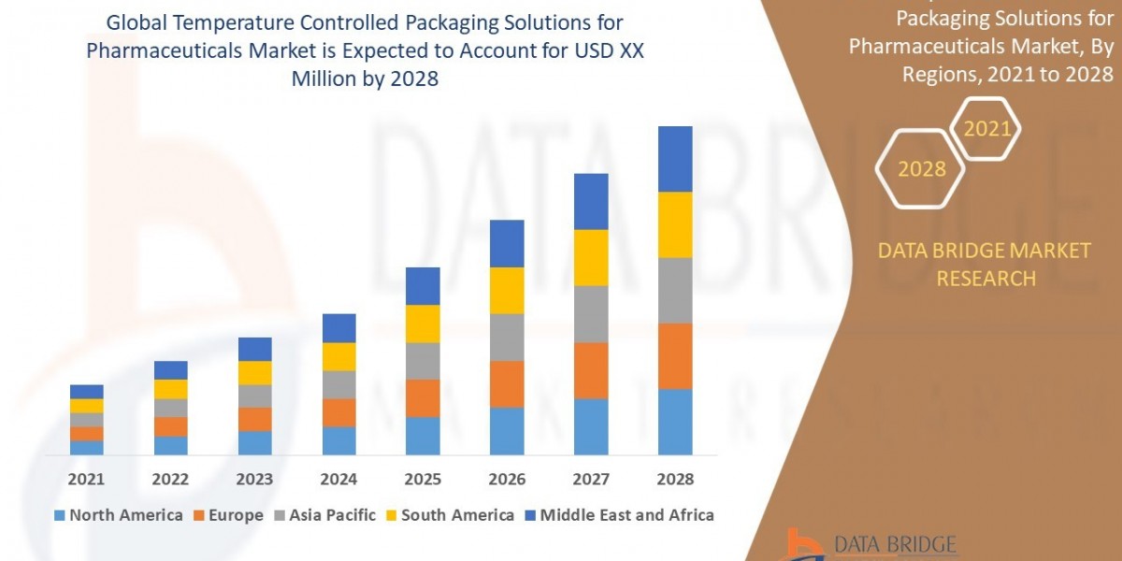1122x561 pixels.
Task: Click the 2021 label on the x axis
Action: tap(86, 479)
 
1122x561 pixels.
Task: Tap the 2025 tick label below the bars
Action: tap(423, 479)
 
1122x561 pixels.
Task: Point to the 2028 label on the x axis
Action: tap(675, 479)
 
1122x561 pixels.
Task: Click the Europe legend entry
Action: tap(228, 515)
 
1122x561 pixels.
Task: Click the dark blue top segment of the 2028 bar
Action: tap(675, 159)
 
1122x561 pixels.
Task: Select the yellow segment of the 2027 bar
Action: tap(591, 257)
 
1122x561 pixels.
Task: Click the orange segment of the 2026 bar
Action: tap(507, 383)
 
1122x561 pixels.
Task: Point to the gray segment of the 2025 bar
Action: tap(423, 361)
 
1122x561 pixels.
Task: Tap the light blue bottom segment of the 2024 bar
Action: tap(338, 440)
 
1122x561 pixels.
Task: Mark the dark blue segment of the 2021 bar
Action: tap(86, 392)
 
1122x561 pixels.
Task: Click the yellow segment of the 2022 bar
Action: tap(170, 389)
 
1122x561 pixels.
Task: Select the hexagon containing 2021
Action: tap(985, 129)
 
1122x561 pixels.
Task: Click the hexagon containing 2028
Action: tap(920, 169)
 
